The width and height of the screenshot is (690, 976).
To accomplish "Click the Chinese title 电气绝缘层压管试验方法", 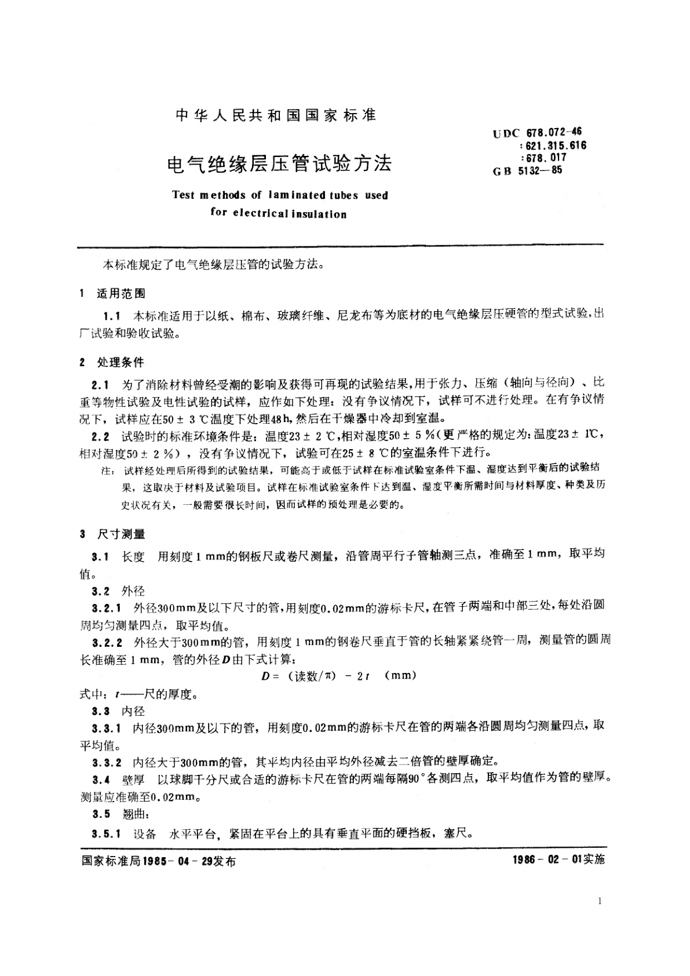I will pos(279,164).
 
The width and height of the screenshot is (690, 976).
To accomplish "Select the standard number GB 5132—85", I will pos(527,170).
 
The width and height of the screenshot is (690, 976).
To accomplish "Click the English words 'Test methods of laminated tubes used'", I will pos(280,195).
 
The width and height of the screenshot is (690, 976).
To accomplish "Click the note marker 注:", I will pos(108,471).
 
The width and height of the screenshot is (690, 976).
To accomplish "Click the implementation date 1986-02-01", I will pos(546,859).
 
